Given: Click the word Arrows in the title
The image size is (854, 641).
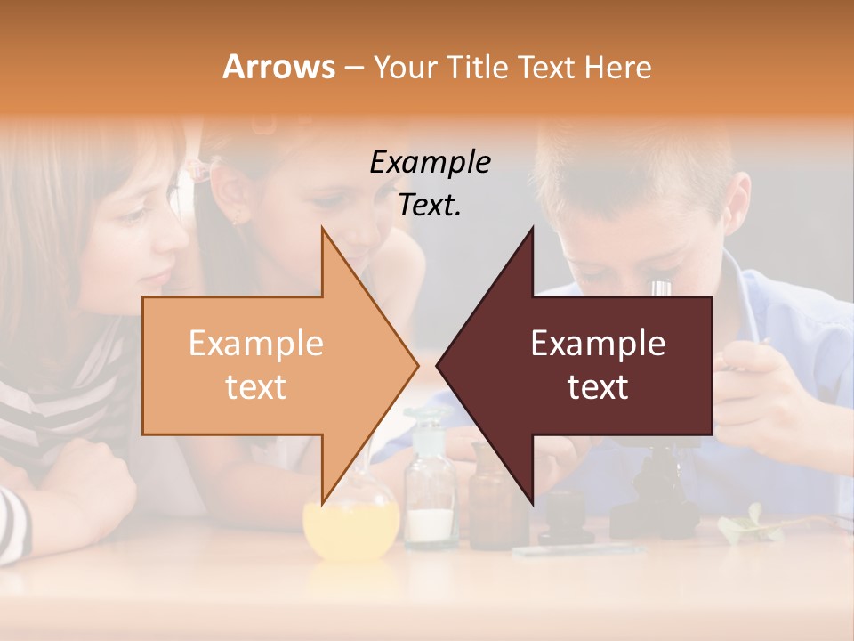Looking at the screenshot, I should [278, 68].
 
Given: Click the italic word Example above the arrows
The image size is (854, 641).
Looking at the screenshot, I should [430, 163].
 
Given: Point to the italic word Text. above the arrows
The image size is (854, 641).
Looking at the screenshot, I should [430, 206].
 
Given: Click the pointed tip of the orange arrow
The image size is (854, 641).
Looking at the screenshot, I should [416, 364].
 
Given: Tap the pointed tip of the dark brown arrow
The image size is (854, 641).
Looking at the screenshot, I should [439, 364].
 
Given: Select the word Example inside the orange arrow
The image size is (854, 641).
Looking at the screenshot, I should [255, 344].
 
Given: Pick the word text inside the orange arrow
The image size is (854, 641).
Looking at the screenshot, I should [255, 387].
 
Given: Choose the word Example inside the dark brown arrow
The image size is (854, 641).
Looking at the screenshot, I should [598, 344].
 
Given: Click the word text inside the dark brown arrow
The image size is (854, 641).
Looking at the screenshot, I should [598, 387].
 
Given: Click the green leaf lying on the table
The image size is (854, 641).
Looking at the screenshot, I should [747, 525].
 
